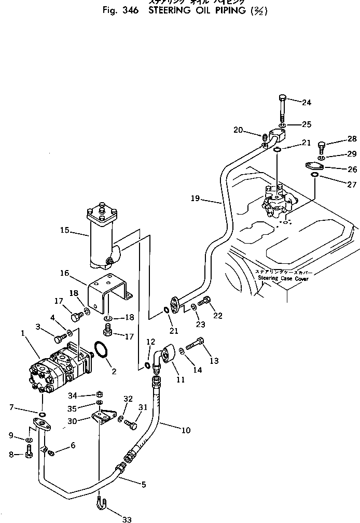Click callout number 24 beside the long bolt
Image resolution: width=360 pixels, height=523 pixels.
pyautogui.click(x=306, y=103)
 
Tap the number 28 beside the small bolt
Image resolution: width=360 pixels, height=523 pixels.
pyautogui.click(x=352, y=138)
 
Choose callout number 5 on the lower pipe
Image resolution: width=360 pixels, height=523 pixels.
pyautogui.click(x=144, y=485)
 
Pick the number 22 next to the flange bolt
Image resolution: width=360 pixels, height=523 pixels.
pyautogui.click(x=217, y=316)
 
